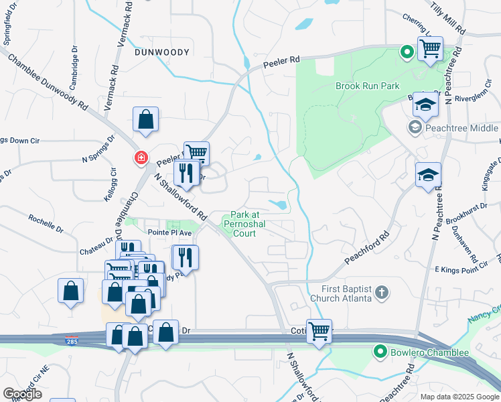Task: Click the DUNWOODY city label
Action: click(163, 52)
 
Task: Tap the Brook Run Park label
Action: click(368, 86)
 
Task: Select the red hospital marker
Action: click(141, 158)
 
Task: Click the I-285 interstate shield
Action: click(72, 340)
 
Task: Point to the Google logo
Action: click(22, 394)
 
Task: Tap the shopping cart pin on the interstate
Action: click(319, 330)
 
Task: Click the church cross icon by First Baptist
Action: click(381, 291)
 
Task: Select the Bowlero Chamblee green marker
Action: click(380, 351)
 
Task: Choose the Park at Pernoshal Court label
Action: click(244, 221)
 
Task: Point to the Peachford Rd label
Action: click(367, 248)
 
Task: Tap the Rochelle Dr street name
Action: click(46, 222)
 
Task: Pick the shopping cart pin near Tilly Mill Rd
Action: click(429, 48)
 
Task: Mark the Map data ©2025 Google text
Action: click(459, 397)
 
